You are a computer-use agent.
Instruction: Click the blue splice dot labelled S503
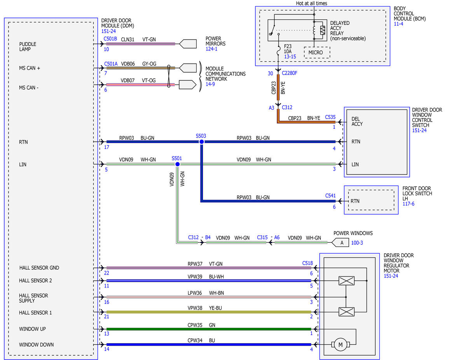[201, 142]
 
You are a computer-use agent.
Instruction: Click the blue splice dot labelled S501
[178, 164]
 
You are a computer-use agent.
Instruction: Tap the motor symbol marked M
[340, 344]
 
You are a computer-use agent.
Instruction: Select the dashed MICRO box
[317, 52]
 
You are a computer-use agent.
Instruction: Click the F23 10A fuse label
[288, 49]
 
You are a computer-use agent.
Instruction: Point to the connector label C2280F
[290, 73]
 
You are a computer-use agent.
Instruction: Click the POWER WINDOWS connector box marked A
[340, 243]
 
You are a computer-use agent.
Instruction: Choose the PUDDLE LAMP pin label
[28, 47]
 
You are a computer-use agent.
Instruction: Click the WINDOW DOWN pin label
[36, 344]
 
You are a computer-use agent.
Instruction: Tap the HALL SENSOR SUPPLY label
[33, 298]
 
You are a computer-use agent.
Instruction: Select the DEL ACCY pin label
[357, 122]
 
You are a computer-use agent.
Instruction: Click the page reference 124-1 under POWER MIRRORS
[211, 49]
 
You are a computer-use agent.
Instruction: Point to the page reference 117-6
[408, 204]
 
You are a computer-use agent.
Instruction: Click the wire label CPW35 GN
[201, 325]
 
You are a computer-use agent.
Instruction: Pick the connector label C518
[307, 263]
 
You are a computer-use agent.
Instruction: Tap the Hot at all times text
[311, 3]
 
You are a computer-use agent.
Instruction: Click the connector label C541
[330, 195]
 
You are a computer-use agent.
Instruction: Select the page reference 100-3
[357, 243]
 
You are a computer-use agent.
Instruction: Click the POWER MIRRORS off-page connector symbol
[188, 43]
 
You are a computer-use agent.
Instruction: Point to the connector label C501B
[110, 39]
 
